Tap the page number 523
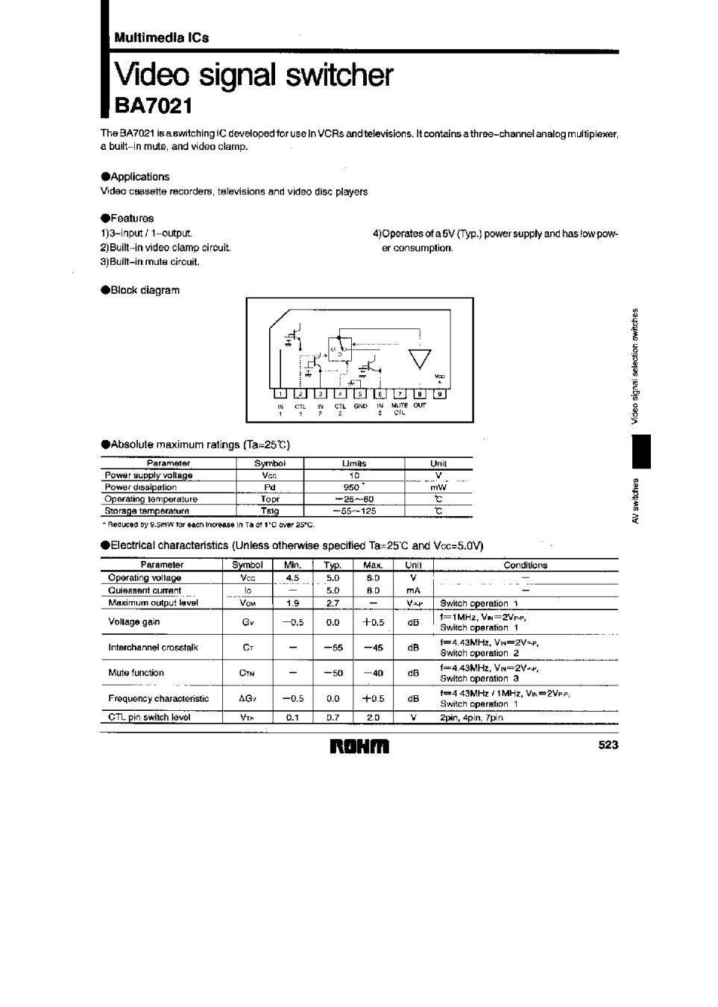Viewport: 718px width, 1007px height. [x=608, y=744]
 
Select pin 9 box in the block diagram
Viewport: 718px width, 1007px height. [x=439, y=394]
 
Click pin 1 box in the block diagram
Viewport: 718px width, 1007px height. [x=280, y=394]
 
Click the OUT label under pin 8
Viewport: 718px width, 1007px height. [x=420, y=406]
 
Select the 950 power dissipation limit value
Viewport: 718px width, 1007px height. [x=353, y=487]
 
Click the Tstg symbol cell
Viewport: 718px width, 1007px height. [x=269, y=511]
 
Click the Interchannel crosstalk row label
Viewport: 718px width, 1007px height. [x=153, y=647]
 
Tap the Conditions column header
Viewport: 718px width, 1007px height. [x=525, y=565]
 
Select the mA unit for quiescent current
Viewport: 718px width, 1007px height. [x=413, y=590]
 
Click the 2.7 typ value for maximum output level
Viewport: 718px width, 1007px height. [x=333, y=603]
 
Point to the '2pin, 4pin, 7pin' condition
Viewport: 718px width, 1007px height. [x=471, y=718]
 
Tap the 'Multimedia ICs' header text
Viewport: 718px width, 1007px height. [x=161, y=37]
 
